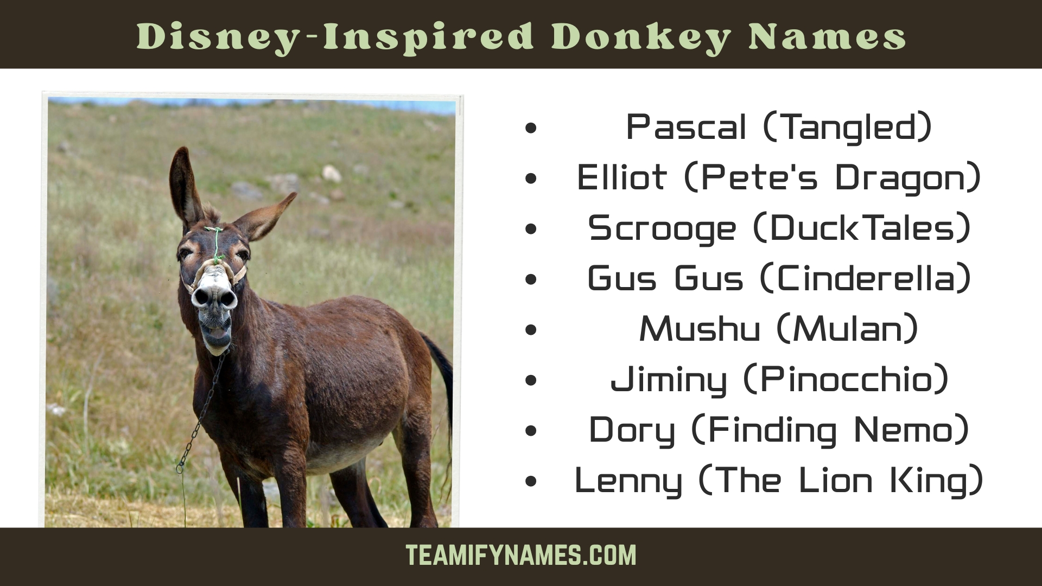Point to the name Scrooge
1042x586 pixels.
662,228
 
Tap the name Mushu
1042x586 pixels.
700,329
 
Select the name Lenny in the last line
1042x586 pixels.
628,481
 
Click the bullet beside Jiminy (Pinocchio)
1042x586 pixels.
531,380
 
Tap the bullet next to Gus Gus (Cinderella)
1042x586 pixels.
531,279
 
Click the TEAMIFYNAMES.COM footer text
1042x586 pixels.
521,556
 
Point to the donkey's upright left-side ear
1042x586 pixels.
185,184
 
